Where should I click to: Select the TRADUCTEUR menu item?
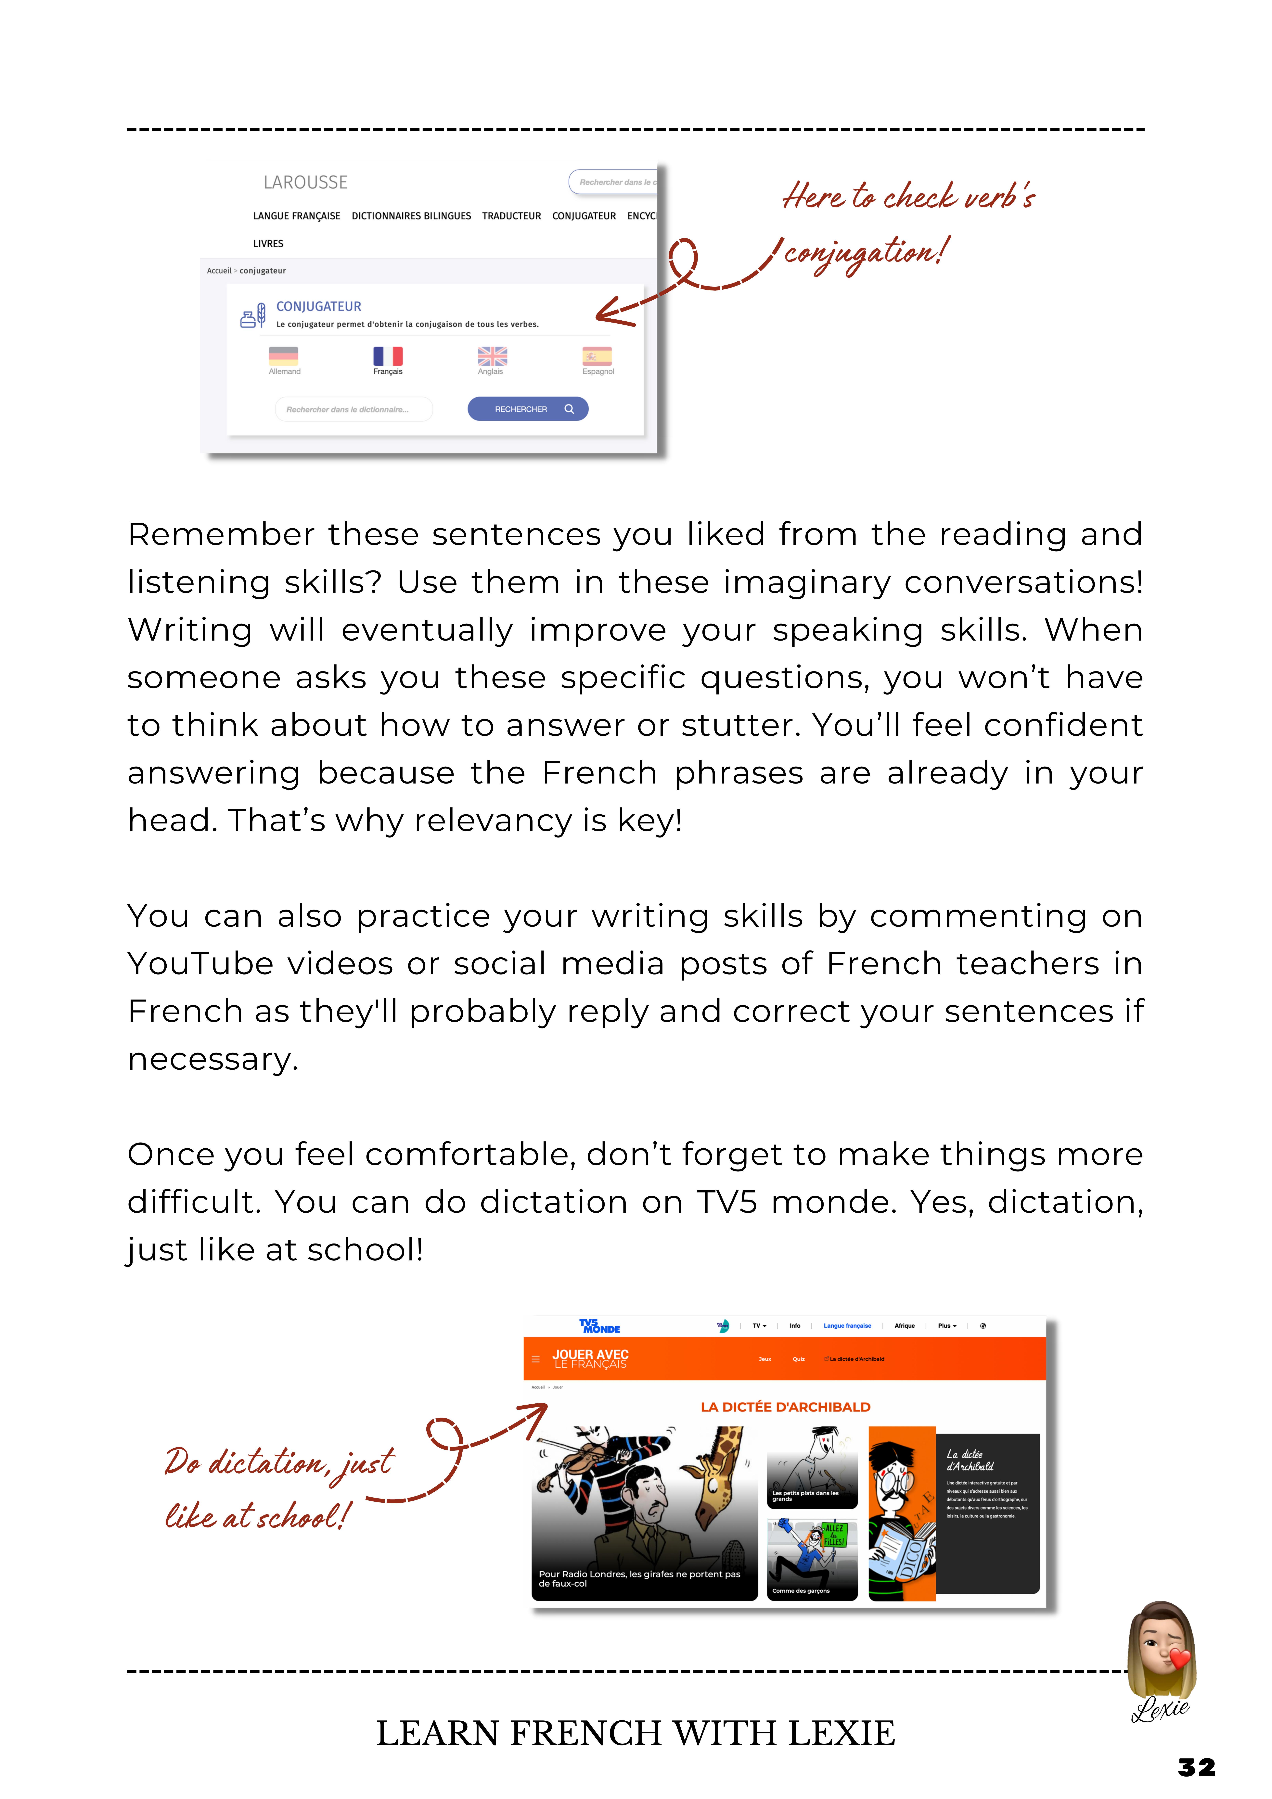[x=511, y=216]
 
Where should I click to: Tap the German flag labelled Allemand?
[x=284, y=356]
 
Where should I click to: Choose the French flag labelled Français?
[x=388, y=356]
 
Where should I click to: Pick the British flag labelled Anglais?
[x=492, y=356]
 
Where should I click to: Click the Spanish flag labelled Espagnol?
[x=597, y=356]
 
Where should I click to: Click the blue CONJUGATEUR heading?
[x=318, y=306]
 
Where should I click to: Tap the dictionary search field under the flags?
[x=353, y=409]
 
